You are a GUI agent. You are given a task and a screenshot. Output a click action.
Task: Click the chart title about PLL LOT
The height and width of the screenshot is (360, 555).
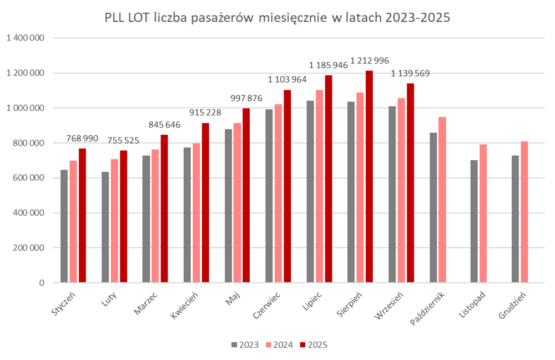277,18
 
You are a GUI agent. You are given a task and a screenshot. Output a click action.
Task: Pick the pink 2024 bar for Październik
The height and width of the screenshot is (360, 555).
442,200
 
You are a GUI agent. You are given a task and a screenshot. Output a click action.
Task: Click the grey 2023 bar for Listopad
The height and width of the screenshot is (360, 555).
474,221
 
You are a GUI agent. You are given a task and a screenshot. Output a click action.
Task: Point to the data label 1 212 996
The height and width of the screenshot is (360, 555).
369,60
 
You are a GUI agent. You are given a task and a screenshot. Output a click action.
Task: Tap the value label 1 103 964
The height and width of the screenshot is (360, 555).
287,79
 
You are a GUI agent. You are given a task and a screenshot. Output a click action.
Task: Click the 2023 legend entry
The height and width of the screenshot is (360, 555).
245,345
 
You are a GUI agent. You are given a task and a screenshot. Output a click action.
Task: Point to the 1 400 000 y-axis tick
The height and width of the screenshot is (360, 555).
26,38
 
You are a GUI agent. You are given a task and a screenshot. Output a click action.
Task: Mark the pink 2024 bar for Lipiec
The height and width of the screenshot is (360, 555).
319,186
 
